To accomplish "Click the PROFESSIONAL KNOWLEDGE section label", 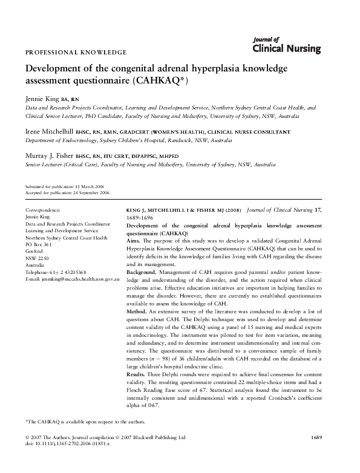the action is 75,53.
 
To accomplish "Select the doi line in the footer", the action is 72,460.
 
